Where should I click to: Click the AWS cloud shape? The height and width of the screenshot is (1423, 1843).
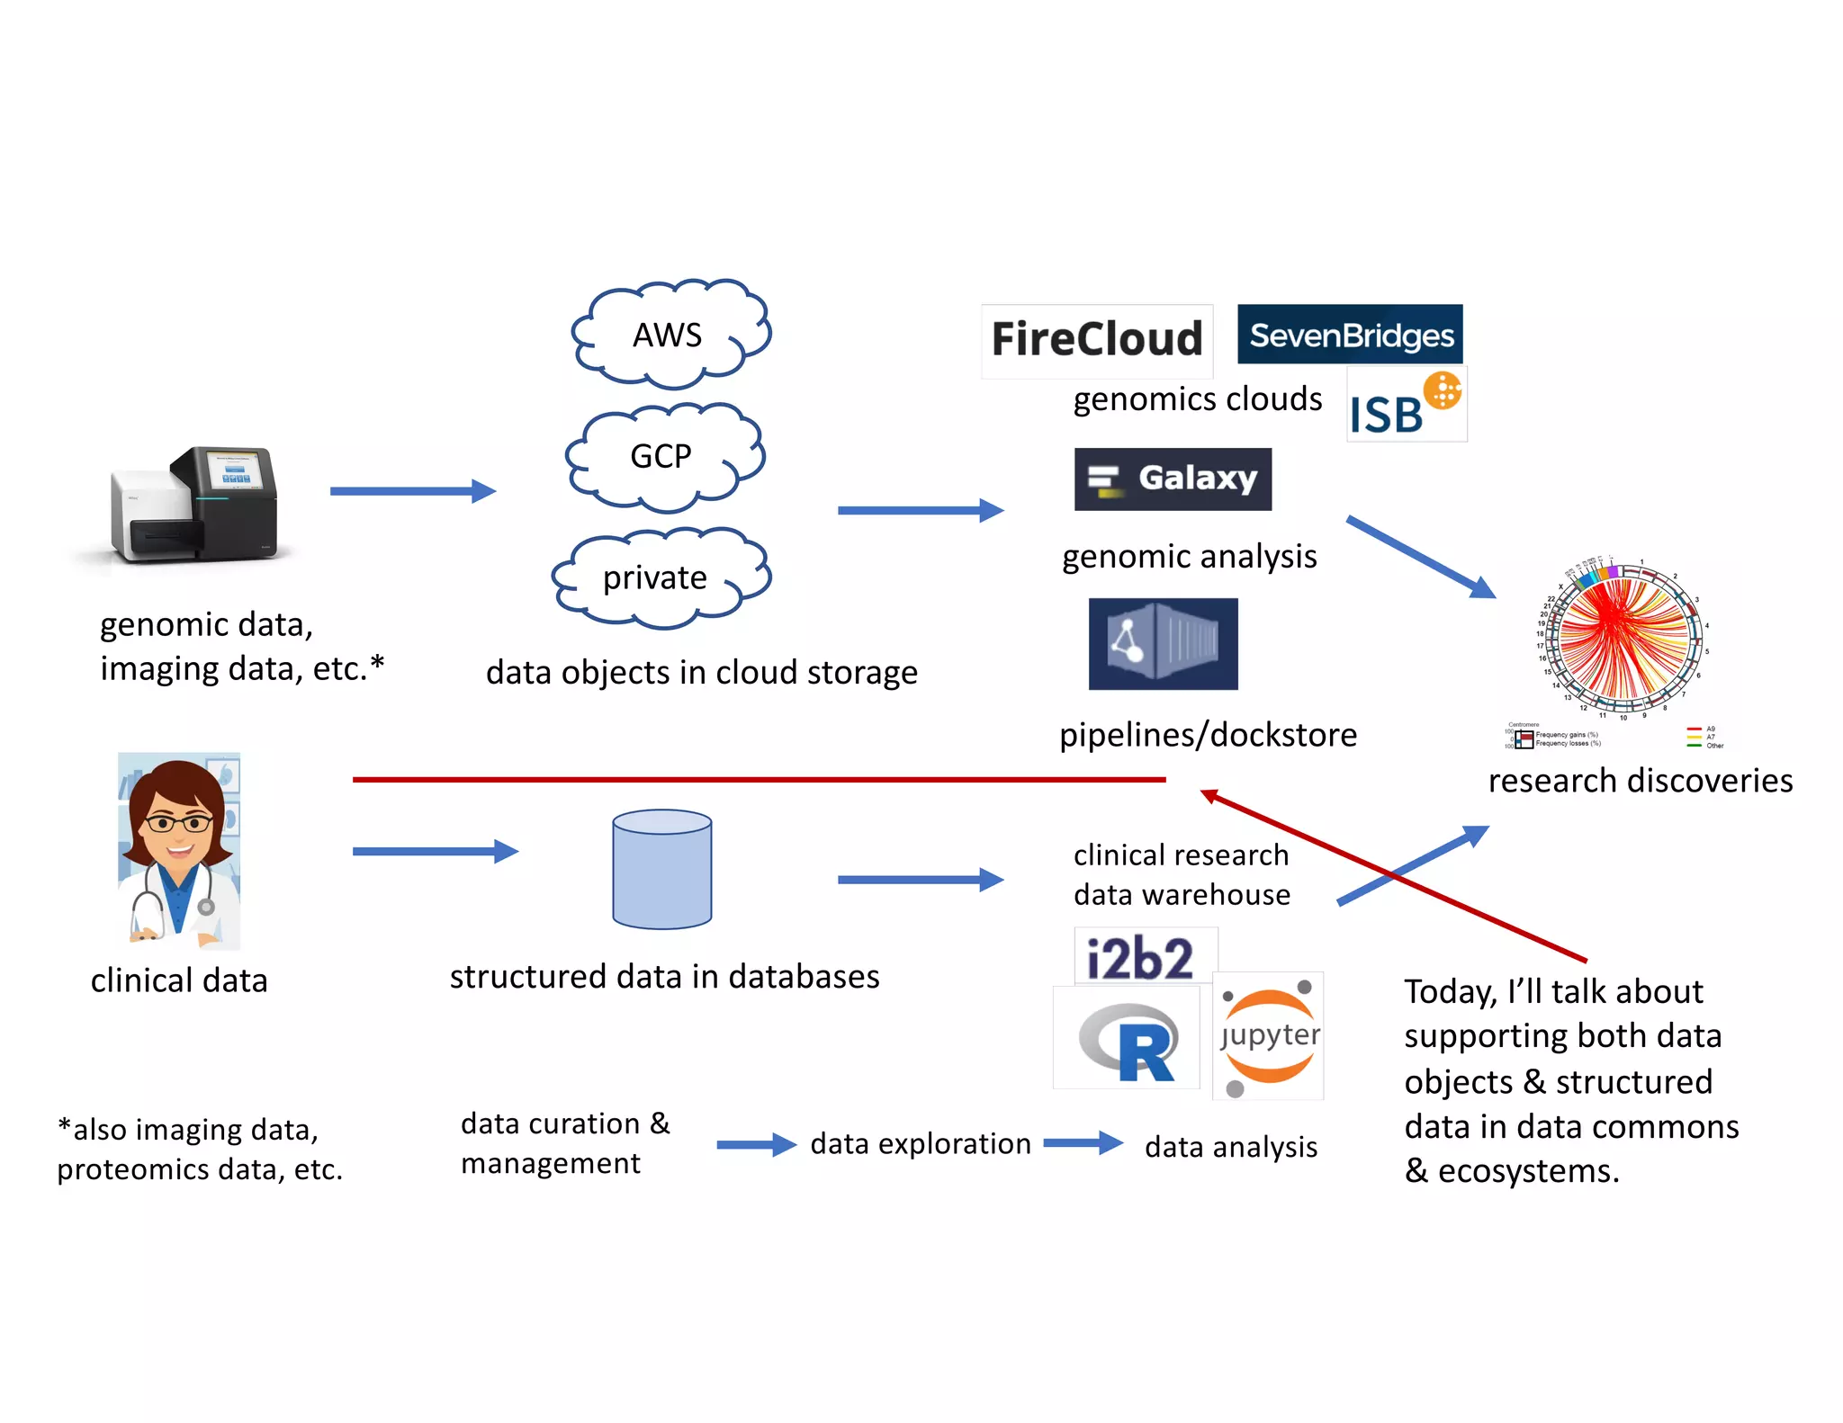(670, 335)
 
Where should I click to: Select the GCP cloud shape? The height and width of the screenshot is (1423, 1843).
(664, 456)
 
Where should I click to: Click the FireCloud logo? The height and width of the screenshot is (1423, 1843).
(1096, 340)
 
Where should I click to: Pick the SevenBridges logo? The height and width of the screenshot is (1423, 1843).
(1349, 335)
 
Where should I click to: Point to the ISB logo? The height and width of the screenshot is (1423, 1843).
(1406, 405)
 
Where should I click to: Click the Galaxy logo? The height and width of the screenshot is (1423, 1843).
(1172, 479)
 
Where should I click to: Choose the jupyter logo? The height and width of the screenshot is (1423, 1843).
(1268, 1035)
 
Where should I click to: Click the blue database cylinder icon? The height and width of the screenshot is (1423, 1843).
(661, 869)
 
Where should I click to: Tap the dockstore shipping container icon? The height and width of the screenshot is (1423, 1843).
(1163, 644)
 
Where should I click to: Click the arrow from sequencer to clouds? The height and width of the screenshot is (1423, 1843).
(411, 491)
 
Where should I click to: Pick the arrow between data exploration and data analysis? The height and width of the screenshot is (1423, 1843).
(1083, 1143)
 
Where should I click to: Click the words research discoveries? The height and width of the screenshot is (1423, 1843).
(1640, 781)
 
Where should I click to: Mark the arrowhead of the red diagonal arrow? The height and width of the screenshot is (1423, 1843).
(1209, 794)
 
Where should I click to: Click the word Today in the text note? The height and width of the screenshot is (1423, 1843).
(1450, 992)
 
